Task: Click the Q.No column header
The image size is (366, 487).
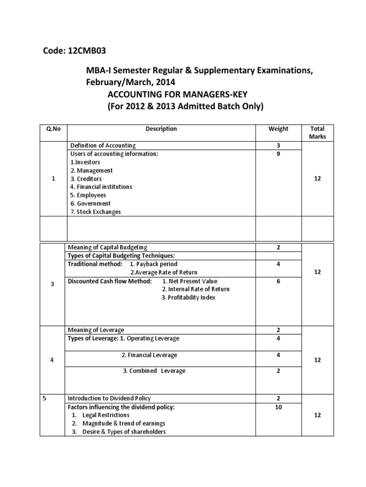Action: (x=52, y=129)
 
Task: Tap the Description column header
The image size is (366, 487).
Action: (x=161, y=129)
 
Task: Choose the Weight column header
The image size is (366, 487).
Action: (x=278, y=129)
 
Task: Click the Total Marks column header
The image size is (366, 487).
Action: (x=317, y=133)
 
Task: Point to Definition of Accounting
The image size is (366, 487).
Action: (x=103, y=146)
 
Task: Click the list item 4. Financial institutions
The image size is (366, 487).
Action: (x=101, y=187)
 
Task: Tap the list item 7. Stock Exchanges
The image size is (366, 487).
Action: (x=95, y=212)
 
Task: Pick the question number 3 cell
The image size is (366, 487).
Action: (x=52, y=284)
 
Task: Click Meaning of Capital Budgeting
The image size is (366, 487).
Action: (x=108, y=247)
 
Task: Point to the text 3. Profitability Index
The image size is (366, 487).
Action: (x=188, y=298)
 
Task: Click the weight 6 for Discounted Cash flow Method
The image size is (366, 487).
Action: (x=278, y=281)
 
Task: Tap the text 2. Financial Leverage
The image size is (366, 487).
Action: (x=149, y=355)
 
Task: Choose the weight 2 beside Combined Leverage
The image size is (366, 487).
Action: (x=278, y=371)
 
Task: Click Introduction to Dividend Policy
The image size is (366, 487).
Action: (x=109, y=398)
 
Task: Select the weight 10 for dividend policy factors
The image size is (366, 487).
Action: (x=278, y=407)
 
